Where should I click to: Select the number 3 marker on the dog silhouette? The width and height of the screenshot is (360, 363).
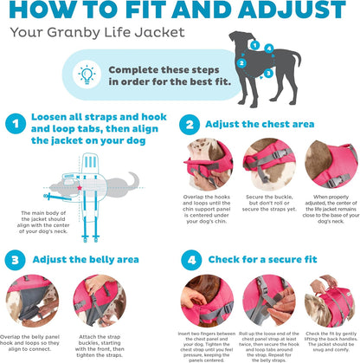point(269,73)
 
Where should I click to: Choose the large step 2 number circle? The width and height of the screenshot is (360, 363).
point(190,124)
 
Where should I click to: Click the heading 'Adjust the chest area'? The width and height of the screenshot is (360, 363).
point(260,124)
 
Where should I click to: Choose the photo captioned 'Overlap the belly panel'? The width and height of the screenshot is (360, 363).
point(32,299)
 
